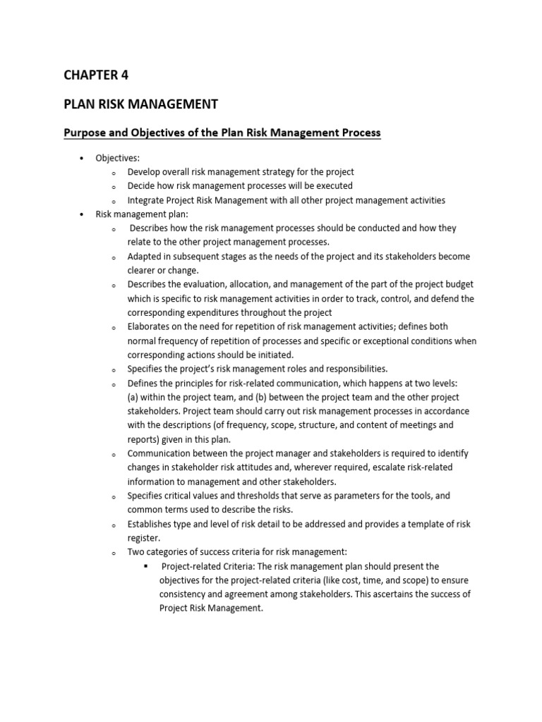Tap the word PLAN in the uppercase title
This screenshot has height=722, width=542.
tap(79, 105)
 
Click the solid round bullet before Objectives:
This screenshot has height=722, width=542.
tap(83, 158)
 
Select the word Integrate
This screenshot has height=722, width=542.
tap(147, 200)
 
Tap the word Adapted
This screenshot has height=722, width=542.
tap(145, 257)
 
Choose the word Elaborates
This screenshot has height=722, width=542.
tap(150, 326)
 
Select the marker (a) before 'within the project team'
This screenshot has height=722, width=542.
tap(133, 397)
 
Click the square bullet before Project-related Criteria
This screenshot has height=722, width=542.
tap(145, 566)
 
